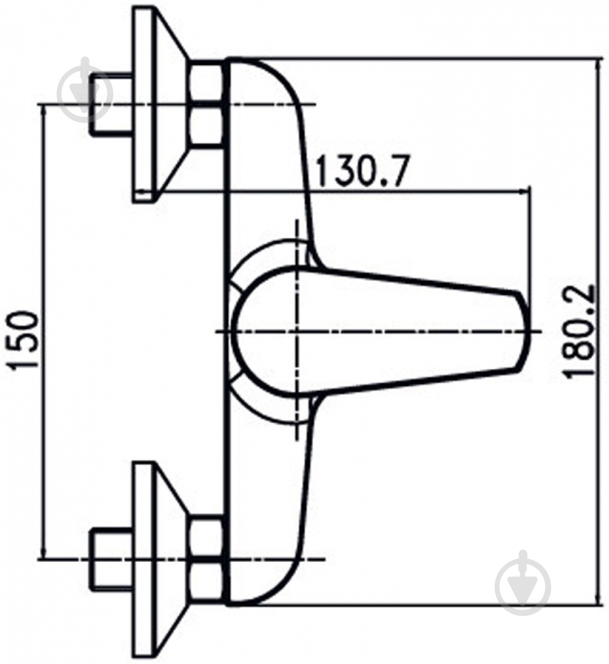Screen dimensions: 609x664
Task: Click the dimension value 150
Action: pyautogui.click(x=24, y=341)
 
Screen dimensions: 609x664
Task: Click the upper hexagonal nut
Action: pyautogui.click(x=206, y=104)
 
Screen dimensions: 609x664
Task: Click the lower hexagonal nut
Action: pyautogui.click(x=206, y=559)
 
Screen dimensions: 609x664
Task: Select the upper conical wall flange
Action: pyautogui.click(x=161, y=104)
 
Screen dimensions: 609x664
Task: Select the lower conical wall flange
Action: pyautogui.click(x=161, y=559)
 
